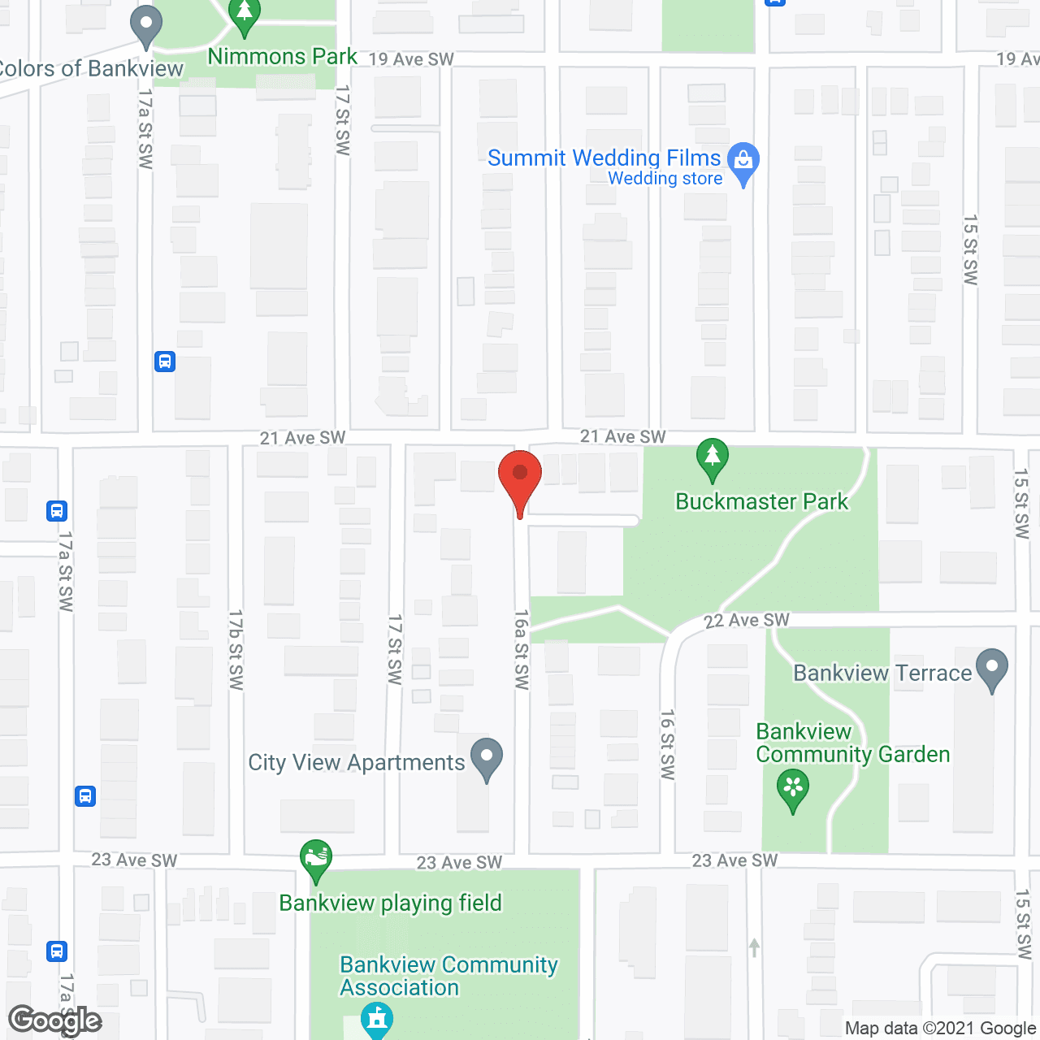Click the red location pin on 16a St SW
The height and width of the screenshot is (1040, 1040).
(519, 475)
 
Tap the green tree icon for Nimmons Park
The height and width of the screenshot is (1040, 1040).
(244, 16)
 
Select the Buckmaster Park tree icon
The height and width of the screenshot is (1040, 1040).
(713, 460)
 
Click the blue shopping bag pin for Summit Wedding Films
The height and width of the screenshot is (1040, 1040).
(743, 162)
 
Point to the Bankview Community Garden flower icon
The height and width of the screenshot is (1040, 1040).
(793, 790)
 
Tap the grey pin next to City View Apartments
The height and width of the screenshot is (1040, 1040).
(487, 759)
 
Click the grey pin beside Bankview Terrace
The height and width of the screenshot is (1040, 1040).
(992, 669)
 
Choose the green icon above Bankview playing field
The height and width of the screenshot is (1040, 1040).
(316, 860)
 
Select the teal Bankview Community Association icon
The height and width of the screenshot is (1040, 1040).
(376, 1020)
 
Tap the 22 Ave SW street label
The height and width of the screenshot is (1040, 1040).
(747, 621)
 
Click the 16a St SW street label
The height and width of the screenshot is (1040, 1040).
(521, 649)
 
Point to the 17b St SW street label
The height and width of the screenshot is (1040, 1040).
(236, 650)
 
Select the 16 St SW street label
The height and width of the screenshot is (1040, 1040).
(667, 744)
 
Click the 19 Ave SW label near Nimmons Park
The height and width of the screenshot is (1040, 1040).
(411, 59)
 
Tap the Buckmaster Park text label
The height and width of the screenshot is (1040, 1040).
(761, 501)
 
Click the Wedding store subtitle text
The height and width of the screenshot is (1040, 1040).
(665, 179)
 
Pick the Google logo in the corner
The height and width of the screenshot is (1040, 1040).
(55, 1020)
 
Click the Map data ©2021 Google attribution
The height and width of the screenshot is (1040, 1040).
(940, 1029)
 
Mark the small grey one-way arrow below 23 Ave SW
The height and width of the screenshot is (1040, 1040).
(755, 947)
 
